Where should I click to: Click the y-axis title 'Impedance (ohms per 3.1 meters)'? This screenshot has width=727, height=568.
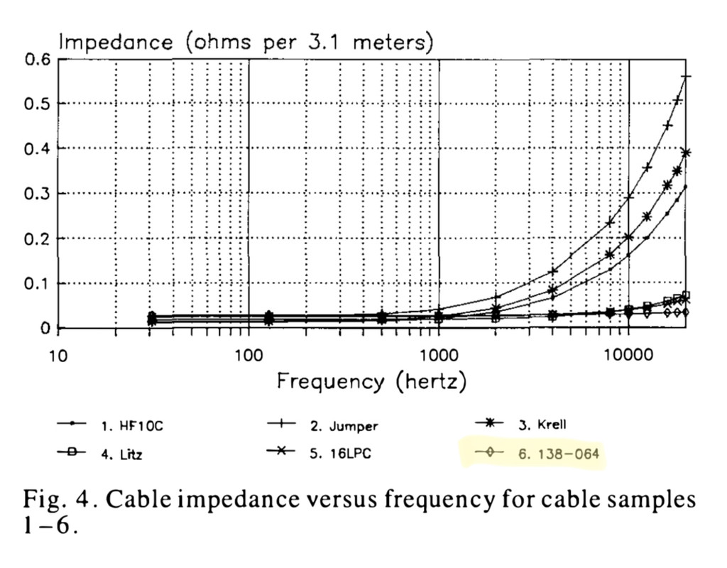pyautogui.click(x=245, y=42)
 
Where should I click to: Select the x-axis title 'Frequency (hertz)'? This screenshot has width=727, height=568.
pyautogui.click(x=371, y=381)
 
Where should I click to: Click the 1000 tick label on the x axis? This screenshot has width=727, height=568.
pyautogui.click(x=439, y=355)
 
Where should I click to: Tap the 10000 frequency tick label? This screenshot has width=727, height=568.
pyautogui.click(x=630, y=355)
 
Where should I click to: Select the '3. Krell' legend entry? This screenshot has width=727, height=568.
pyautogui.click(x=540, y=425)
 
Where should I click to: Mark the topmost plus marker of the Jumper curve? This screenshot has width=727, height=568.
pyautogui.click(x=686, y=77)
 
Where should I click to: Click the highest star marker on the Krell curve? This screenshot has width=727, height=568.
pyautogui.click(x=686, y=153)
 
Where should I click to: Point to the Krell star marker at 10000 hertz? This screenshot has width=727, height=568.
pyautogui.click(x=629, y=236)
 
